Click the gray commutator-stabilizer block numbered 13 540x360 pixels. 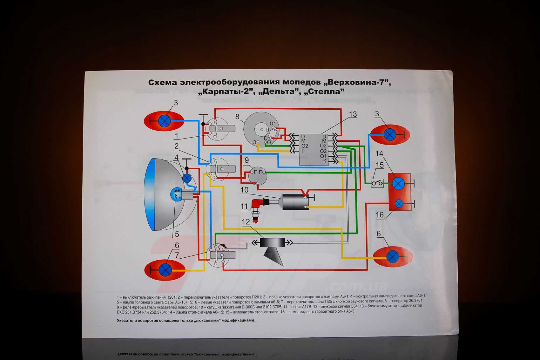tap(314, 149)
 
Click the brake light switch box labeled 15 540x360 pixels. tap(377, 183)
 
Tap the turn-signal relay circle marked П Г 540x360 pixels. tap(258, 175)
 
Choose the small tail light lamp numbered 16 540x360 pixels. tap(399, 203)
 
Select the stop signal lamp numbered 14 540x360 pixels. tap(398, 184)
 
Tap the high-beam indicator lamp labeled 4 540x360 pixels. tap(187, 178)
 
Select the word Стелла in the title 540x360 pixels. tap(324, 92)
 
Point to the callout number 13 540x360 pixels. tap(353, 114)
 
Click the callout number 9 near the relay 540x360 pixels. tap(246, 160)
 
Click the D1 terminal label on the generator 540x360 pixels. tap(273, 123)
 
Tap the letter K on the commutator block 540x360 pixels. tap(325, 161)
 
